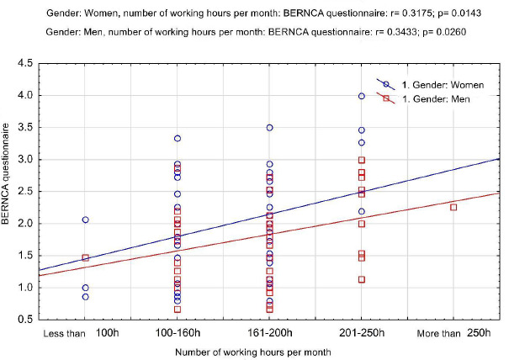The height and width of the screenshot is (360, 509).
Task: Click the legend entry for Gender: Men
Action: click(425, 98)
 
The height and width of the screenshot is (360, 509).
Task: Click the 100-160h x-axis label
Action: click(178, 335)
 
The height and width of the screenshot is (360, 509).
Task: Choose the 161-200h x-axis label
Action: click(269, 335)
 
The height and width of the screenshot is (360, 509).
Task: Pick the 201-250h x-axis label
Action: click(362, 335)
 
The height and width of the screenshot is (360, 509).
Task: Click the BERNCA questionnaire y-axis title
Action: click(10, 190)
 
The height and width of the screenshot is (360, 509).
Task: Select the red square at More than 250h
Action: click(453, 207)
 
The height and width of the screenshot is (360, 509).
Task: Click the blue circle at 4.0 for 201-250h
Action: click(362, 96)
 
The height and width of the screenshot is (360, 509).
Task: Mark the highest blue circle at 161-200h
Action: click(269, 128)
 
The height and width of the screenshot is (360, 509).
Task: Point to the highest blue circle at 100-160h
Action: click(178, 139)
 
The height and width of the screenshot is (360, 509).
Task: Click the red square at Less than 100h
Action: click(85, 257)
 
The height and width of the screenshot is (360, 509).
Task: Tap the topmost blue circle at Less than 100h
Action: click(85, 220)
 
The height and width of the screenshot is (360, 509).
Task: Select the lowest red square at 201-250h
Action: click(362, 279)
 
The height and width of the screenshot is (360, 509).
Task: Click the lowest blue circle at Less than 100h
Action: click(85, 296)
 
